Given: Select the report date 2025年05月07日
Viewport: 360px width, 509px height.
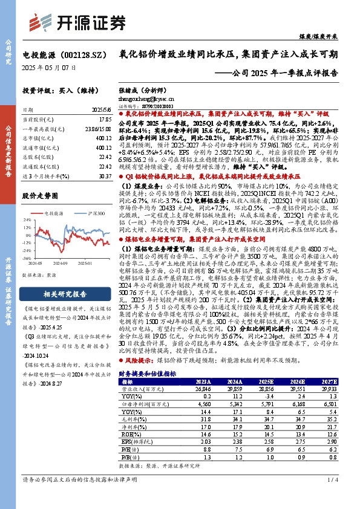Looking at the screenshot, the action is coord(49,68).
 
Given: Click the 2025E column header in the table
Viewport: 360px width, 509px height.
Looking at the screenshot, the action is coord(279,382).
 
